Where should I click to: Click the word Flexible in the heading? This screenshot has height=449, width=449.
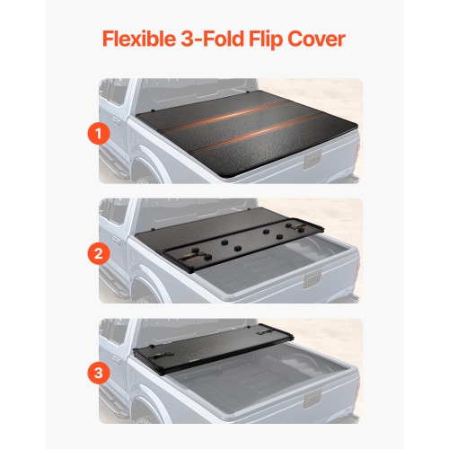tap(136, 40)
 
